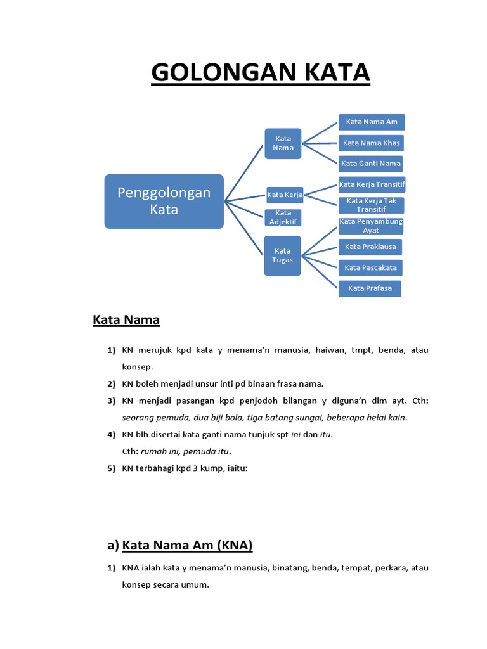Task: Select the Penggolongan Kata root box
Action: pyautogui.click(x=164, y=201)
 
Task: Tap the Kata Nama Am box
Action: pyautogui.click(x=372, y=122)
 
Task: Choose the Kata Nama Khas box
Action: pyautogui.click(x=372, y=143)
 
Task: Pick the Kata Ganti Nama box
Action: pyautogui.click(x=372, y=164)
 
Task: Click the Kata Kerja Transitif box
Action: pyautogui.click(x=372, y=184)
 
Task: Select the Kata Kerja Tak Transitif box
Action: pyautogui.click(x=372, y=205)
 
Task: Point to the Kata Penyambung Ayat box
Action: pyautogui.click(x=371, y=226)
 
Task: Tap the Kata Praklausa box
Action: pyautogui.click(x=371, y=247)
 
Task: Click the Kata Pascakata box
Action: pyautogui.click(x=371, y=267)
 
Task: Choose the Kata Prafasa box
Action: pyautogui.click(x=370, y=288)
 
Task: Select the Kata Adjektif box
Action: pyautogui.click(x=283, y=217)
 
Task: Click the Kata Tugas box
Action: pyautogui.click(x=283, y=255)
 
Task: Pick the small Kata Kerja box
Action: pyautogui.click(x=285, y=195)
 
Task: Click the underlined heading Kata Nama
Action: pyautogui.click(x=126, y=320)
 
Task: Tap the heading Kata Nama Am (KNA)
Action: pyautogui.click(x=187, y=545)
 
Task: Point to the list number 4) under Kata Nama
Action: pyautogui.click(x=112, y=435)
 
